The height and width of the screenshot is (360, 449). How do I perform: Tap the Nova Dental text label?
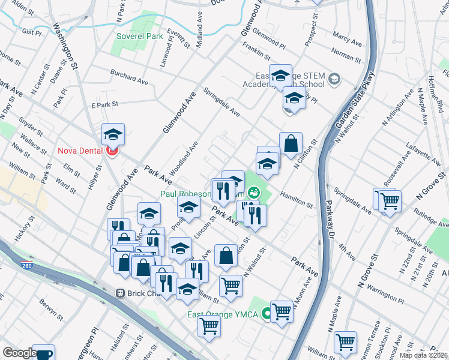tap(80, 151)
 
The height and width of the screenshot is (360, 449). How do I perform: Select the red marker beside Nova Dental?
tap(111, 151)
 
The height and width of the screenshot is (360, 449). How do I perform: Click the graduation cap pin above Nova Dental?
tap(112, 134)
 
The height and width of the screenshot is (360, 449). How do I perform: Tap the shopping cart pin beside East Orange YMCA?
tap(282, 311)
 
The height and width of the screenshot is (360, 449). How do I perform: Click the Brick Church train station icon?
tap(120, 293)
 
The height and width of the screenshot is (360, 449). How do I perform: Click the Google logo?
tap(20, 353)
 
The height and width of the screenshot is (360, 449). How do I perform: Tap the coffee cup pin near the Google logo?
tap(43, 354)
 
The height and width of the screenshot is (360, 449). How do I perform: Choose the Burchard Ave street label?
tap(128, 80)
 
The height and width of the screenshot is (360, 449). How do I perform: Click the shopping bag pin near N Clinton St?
tap(291, 144)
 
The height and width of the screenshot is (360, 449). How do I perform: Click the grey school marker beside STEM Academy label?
tap(334, 79)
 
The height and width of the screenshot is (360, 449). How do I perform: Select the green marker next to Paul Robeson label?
tap(255, 193)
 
